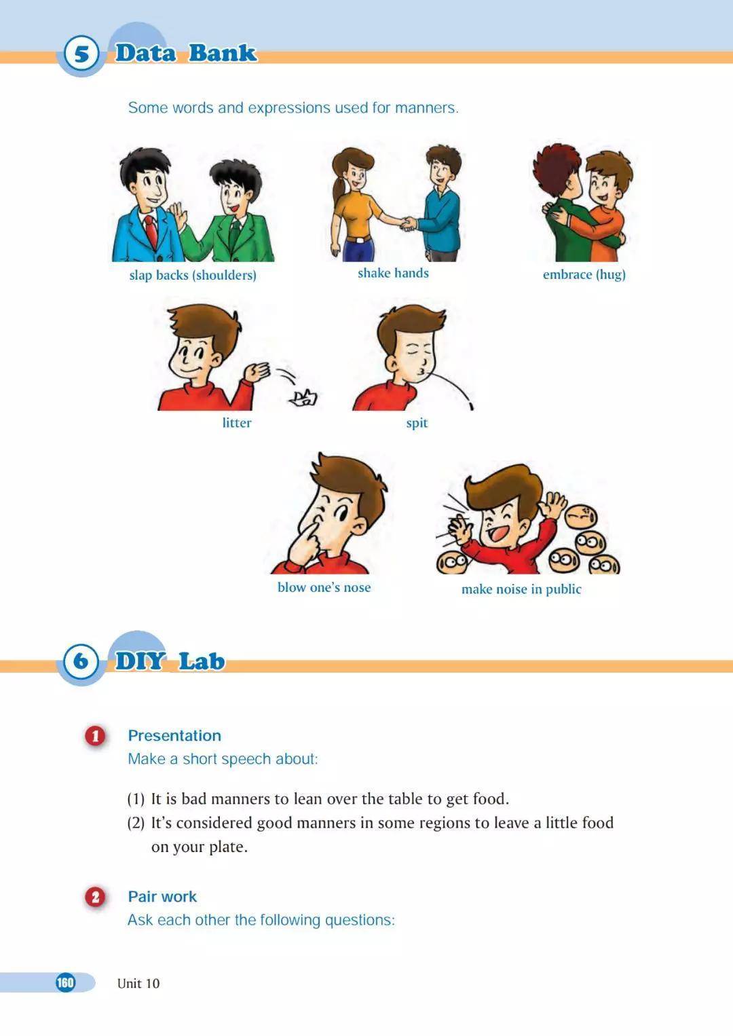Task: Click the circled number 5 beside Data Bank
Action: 81,54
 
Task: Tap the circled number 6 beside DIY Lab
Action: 81,661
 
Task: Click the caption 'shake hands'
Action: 393,274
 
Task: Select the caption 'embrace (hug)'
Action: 584,275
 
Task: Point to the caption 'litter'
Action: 237,423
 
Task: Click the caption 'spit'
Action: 417,423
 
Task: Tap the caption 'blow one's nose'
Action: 324,587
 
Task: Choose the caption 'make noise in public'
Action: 521,589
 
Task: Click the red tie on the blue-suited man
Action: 151,231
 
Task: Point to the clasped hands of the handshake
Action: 408,224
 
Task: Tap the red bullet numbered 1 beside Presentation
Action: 96,736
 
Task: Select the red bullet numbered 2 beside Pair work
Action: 96,898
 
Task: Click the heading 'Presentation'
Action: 174,736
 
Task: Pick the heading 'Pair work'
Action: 162,897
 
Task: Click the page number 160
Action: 65,982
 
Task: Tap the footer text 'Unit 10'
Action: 138,983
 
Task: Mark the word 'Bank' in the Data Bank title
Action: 223,53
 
